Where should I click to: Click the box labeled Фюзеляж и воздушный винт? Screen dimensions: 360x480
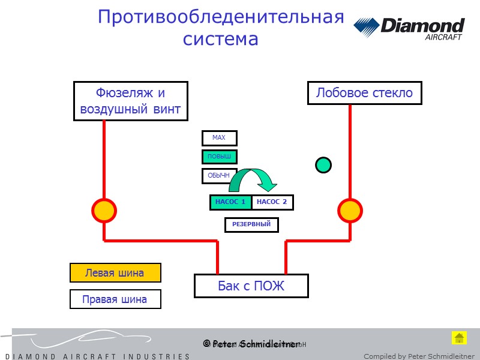click(x=131, y=101)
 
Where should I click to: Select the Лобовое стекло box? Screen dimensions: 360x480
click(x=364, y=93)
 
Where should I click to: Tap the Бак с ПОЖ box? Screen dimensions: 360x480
click(x=251, y=286)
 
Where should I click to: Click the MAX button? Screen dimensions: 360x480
click(x=219, y=138)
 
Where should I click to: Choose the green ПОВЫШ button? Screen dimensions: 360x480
click(x=219, y=157)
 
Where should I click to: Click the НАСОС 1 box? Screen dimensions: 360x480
click(x=230, y=202)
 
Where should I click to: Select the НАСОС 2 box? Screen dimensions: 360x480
click(x=272, y=202)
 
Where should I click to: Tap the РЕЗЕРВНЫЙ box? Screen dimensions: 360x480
click(x=251, y=225)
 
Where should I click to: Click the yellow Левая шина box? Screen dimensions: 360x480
click(x=115, y=273)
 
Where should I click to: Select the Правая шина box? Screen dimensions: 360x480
click(x=115, y=299)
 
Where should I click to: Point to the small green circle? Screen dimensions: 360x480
click(x=323, y=164)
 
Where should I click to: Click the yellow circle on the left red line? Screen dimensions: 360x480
click(x=104, y=211)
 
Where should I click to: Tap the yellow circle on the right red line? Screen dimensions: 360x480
click(x=350, y=211)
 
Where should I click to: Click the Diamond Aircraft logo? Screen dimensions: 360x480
click(x=409, y=28)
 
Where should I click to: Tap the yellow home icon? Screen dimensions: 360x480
click(x=459, y=337)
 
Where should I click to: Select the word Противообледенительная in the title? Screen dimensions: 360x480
click(x=221, y=17)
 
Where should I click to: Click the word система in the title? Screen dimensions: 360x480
click(x=220, y=39)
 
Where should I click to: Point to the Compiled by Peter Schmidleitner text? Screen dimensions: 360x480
click(x=419, y=356)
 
